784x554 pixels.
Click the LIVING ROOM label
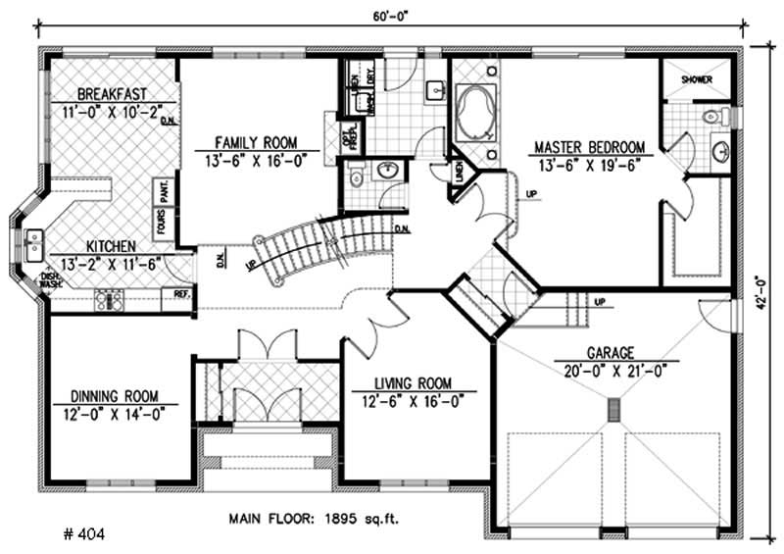click(x=412, y=383)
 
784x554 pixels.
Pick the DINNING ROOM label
click(x=116, y=397)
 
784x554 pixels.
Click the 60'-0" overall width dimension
click(x=391, y=15)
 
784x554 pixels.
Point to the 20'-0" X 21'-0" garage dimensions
click(x=613, y=370)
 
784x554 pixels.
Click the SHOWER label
click(x=697, y=79)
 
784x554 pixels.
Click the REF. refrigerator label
click(x=181, y=292)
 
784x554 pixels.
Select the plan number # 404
click(x=79, y=534)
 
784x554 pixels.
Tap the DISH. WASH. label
click(x=49, y=281)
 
